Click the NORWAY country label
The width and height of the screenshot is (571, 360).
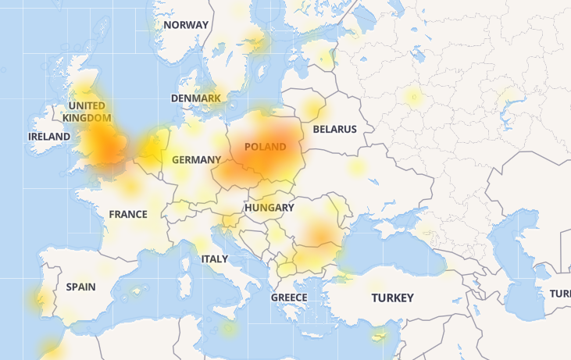186,25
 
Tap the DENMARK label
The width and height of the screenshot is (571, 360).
195,98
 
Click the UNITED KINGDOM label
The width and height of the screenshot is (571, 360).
87,112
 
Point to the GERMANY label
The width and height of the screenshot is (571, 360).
196,159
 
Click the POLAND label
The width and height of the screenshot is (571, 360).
265,147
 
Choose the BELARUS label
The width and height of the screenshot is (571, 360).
334,129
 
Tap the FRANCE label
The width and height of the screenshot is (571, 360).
128,214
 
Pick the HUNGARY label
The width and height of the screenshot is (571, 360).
269,209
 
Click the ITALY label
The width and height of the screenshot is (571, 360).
215,258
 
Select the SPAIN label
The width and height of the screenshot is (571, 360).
80,287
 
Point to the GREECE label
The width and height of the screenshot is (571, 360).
289,298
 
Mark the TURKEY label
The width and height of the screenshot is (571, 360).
392,298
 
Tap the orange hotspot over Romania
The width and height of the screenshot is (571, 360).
319,233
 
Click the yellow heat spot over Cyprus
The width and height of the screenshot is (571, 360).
380,337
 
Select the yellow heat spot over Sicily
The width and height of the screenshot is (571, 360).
228,328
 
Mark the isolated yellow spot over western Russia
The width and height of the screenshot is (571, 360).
413,97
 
